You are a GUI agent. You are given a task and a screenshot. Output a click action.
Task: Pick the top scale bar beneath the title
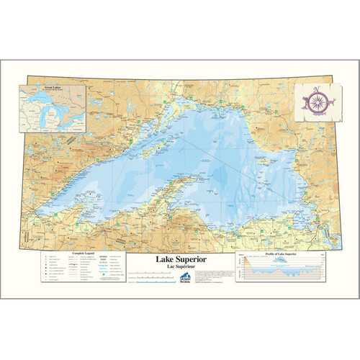151,274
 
